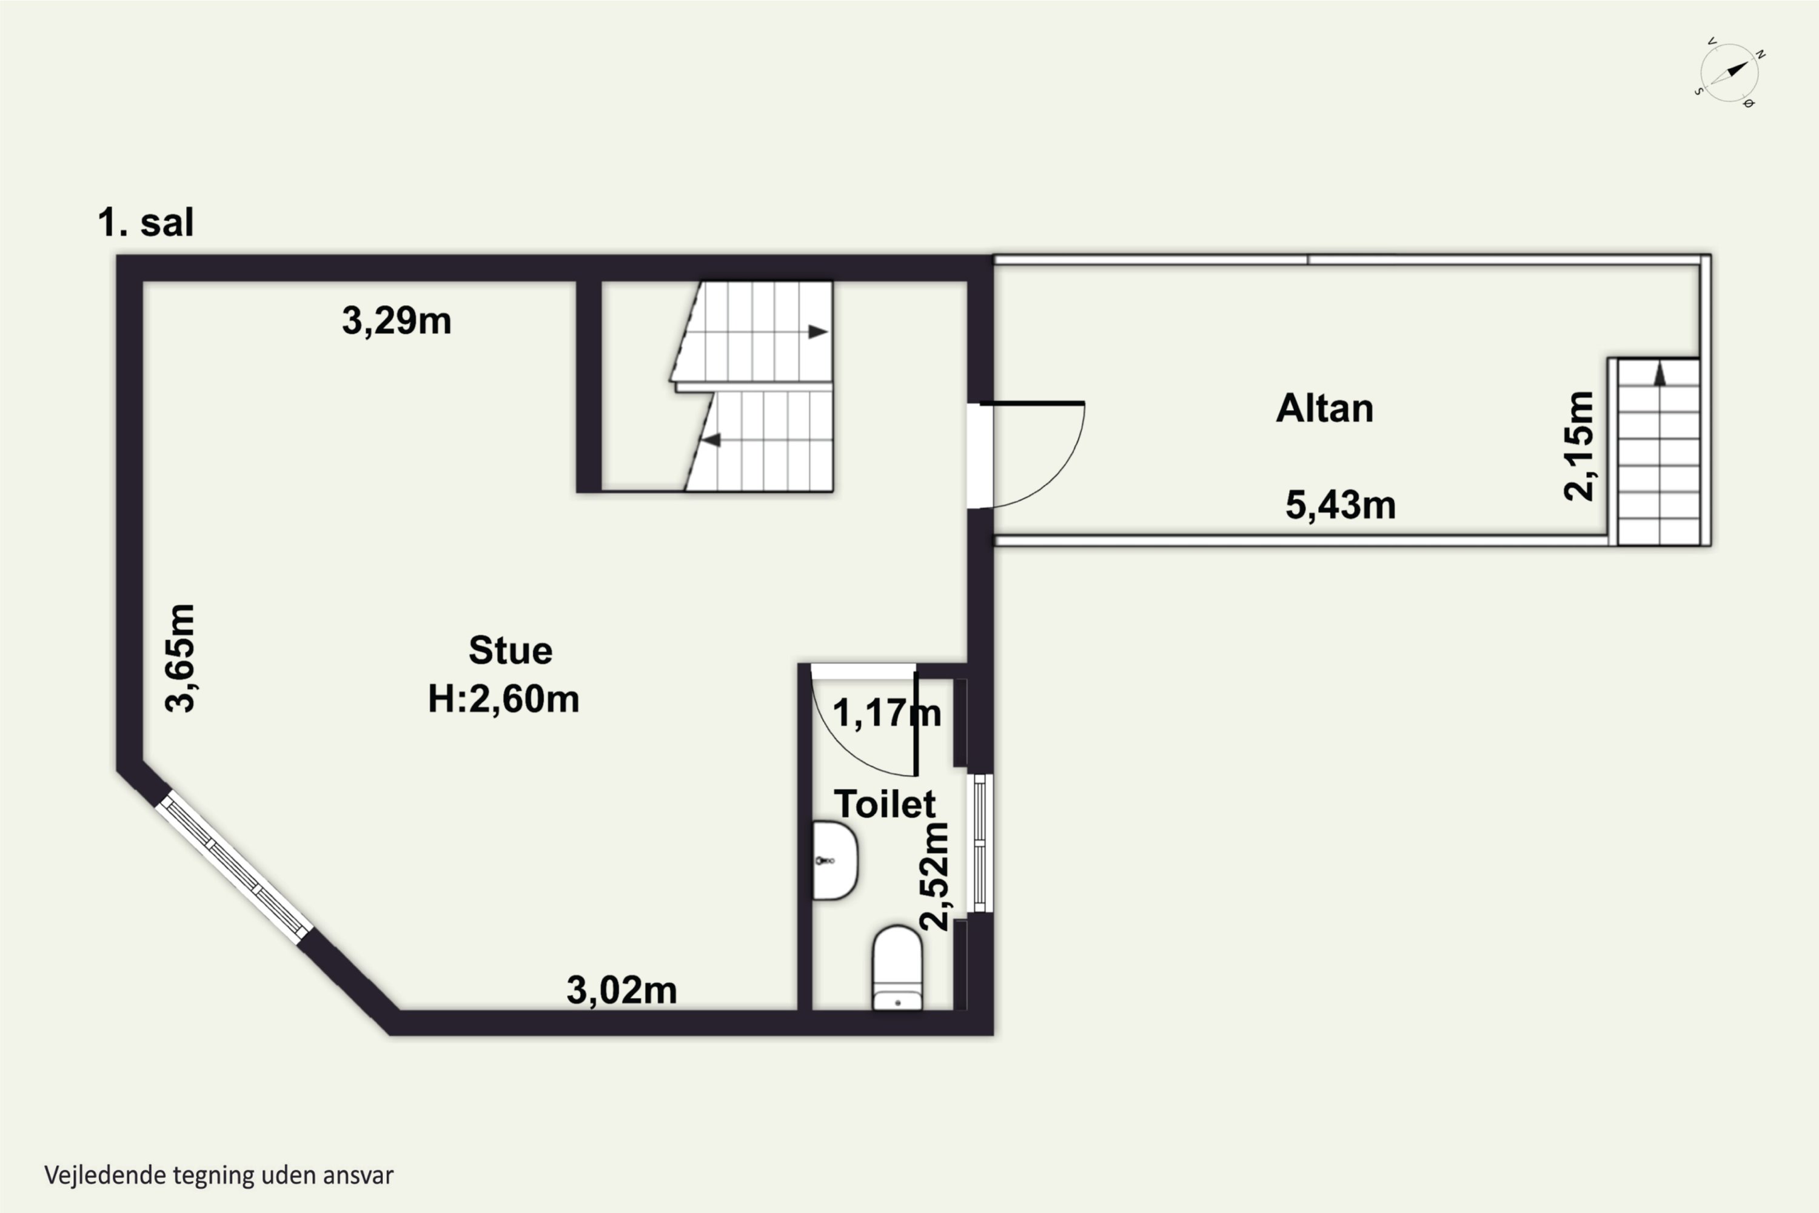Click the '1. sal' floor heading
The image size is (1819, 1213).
[146, 223]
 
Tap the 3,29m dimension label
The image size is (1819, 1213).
[397, 320]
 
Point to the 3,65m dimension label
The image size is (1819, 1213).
[180, 657]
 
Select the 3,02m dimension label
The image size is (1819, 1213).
[622, 990]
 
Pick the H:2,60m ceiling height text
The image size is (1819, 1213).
[503, 699]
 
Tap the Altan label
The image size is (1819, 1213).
[1325, 408]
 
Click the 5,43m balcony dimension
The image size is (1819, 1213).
[1340, 505]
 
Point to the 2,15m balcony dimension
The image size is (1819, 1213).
[1578, 446]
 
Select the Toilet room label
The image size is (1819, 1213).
[885, 805]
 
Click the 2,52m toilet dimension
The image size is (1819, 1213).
[934, 876]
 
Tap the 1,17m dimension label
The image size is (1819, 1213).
[886, 713]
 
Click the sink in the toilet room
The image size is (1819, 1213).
[834, 860]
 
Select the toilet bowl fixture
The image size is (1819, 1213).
[897, 968]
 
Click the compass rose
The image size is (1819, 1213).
[1730, 73]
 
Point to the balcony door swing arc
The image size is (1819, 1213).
[1058, 471]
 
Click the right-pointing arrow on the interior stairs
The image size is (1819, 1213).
[818, 332]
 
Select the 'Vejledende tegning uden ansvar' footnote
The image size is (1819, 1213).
[219, 1175]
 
